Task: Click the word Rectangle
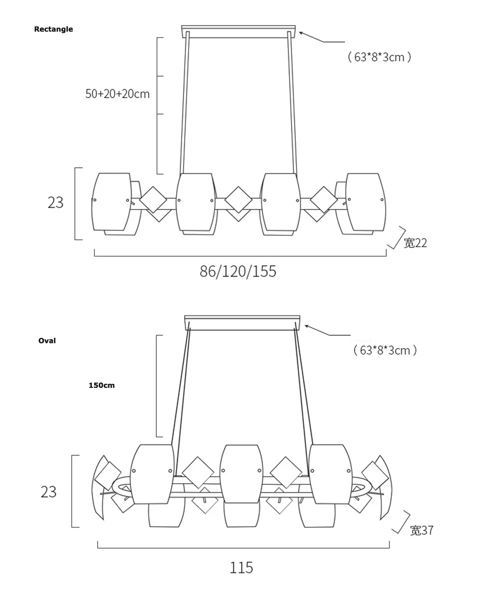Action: coord(53,29)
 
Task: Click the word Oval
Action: coord(47,340)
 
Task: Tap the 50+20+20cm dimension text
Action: coord(117,93)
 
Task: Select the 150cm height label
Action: coord(101,385)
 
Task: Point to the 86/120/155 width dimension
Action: coord(238,271)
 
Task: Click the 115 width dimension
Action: coord(242,568)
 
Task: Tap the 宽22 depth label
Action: coord(415,243)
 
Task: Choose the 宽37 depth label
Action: coord(422,530)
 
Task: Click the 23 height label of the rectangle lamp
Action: coord(55,203)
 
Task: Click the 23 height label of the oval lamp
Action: coord(48,492)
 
